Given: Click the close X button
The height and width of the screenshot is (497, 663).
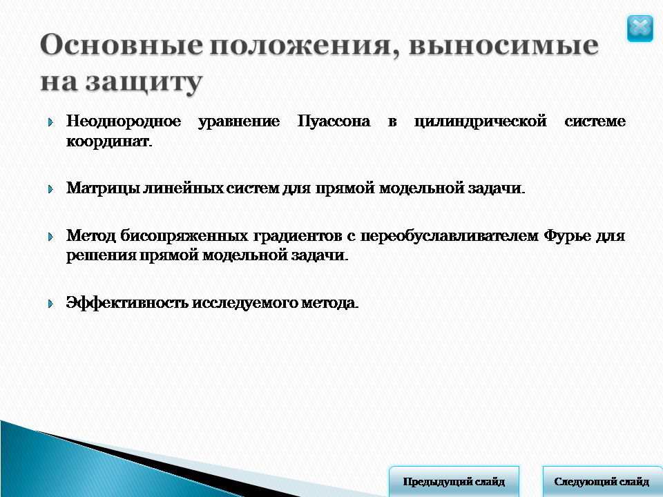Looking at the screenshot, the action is coord(640,28).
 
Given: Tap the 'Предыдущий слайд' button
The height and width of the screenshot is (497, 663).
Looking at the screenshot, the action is coord(454,481).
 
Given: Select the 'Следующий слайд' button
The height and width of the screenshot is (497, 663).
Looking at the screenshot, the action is coord(602,481).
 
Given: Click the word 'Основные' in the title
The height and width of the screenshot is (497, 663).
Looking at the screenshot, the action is coord(122,44).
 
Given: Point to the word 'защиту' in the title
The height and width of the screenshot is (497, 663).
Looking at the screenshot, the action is coord(144,82).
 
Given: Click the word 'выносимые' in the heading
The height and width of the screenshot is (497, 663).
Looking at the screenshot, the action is coord(503,45).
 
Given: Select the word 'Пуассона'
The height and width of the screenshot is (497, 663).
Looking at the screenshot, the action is coord(334,121).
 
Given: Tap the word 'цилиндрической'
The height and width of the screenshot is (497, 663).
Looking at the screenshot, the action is coord(481,121).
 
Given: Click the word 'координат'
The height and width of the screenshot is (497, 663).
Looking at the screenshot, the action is coord(109,141).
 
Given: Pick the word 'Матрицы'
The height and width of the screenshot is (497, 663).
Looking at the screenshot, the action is coord(103,188).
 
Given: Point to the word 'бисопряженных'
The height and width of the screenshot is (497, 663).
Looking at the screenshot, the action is coord(184,236).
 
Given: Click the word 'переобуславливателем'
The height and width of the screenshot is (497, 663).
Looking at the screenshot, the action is coord(450,236).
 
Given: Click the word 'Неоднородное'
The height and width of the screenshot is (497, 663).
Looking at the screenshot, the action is coord(124,121).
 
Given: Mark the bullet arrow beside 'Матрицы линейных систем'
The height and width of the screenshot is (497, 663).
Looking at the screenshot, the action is coord(50,189).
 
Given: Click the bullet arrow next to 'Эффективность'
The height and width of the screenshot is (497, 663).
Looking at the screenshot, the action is coord(50,304).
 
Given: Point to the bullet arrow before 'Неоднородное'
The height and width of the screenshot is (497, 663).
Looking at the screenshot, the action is coord(50,123).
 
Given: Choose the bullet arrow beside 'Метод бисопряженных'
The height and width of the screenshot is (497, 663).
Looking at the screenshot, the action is coord(50,236).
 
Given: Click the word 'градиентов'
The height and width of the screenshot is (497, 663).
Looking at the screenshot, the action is coord(298,236).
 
